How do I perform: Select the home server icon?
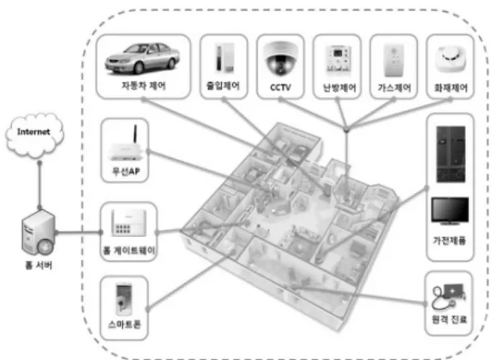[39, 232]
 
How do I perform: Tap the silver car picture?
[142, 59]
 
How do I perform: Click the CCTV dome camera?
[281, 59]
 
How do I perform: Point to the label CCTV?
[281, 87]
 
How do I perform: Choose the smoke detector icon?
[450, 59]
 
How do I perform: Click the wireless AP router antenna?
[136, 134]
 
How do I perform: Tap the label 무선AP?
[125, 171]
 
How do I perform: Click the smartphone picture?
[124, 299]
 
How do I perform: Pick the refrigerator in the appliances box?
[451, 154]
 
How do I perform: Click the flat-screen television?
[450, 211]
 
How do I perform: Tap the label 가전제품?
[449, 240]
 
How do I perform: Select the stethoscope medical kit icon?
[448, 296]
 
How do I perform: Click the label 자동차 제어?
[144, 85]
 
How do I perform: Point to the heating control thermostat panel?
[338, 59]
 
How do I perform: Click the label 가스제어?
[394, 88]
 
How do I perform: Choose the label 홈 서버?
[39, 266]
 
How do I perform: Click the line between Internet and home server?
[39, 185]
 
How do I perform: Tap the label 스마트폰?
[125, 324]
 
